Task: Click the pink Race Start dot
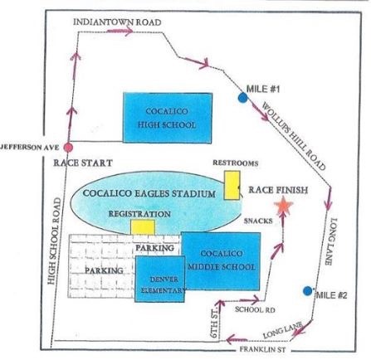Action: [x=68, y=148]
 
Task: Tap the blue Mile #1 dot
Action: [x=242, y=98]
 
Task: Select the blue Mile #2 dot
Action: [x=307, y=291]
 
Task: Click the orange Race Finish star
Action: [x=283, y=206]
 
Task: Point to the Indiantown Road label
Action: [x=117, y=22]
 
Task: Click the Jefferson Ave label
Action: [x=29, y=147]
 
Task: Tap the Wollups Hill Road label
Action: [x=294, y=136]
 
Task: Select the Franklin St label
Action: [x=262, y=349]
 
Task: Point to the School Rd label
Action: [x=255, y=309]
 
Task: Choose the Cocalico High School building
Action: [x=168, y=118]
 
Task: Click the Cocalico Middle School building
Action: [x=222, y=261]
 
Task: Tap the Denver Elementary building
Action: [x=159, y=279]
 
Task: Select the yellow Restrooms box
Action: [x=232, y=185]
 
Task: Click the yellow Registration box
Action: [x=143, y=227]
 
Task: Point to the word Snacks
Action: [x=258, y=221]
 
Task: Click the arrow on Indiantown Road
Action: [x=120, y=31]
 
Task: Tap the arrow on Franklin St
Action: [x=237, y=339]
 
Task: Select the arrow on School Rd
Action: [x=250, y=299]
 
